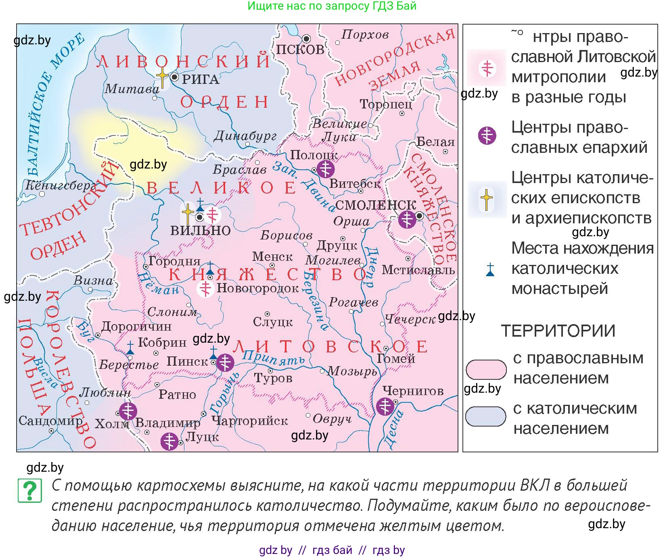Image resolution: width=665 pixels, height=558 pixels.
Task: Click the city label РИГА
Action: point(201,79)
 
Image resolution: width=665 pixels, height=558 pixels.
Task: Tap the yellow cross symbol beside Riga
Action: point(162,76)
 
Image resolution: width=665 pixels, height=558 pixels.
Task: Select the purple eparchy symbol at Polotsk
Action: point(325,169)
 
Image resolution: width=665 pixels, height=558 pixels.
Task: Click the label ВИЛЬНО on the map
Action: point(200,231)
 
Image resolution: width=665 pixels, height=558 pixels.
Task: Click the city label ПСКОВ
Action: point(300,50)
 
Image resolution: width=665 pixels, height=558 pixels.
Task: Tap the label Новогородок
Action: point(257,288)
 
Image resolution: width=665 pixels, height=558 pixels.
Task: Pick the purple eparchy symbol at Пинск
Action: point(225,362)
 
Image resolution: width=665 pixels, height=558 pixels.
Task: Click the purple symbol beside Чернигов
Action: point(385,406)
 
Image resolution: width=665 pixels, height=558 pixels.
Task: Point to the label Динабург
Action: point(245,136)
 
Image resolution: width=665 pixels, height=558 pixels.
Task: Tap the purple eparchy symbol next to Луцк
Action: point(169,441)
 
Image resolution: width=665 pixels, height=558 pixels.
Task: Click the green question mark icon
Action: point(30,491)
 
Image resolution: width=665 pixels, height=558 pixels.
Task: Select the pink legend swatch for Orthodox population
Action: point(486,369)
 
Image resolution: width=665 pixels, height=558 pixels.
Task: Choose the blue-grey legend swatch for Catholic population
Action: point(485,416)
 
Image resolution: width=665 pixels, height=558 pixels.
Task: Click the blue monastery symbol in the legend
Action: point(490,270)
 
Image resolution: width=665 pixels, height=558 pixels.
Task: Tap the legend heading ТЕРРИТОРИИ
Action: point(558,331)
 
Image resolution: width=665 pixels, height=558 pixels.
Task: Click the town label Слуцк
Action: point(273,322)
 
